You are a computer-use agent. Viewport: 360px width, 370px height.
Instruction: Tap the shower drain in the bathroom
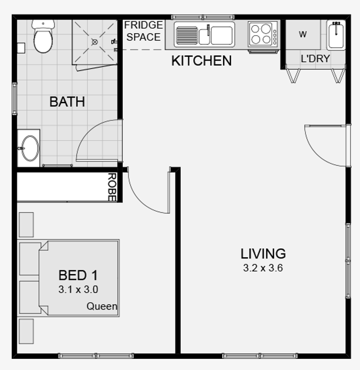click(95, 42)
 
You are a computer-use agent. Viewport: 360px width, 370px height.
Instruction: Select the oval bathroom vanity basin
click(30, 149)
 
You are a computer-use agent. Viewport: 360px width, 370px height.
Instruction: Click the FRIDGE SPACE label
click(144, 31)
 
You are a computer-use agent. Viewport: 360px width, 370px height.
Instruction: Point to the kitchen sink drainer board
click(187, 35)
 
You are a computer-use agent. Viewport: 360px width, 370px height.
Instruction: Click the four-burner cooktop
click(263, 34)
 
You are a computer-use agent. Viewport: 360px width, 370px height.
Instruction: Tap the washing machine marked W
click(303, 34)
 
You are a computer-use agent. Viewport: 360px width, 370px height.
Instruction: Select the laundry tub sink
click(336, 35)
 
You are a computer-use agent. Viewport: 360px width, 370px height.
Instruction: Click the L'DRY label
click(315, 59)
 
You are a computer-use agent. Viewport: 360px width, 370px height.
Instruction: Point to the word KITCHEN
click(201, 61)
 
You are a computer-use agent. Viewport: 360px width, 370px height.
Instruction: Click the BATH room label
click(67, 101)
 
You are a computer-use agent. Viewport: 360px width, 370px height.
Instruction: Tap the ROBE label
click(112, 187)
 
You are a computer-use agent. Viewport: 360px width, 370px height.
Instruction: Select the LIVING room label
click(263, 253)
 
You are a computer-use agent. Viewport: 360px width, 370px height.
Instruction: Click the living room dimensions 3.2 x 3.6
click(263, 268)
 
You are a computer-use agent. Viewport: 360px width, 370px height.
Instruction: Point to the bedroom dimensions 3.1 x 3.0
click(78, 289)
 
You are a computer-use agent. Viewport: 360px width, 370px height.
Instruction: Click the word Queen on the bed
click(101, 306)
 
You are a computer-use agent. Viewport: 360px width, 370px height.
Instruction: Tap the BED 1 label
click(78, 275)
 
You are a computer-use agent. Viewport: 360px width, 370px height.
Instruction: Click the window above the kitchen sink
click(203, 17)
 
